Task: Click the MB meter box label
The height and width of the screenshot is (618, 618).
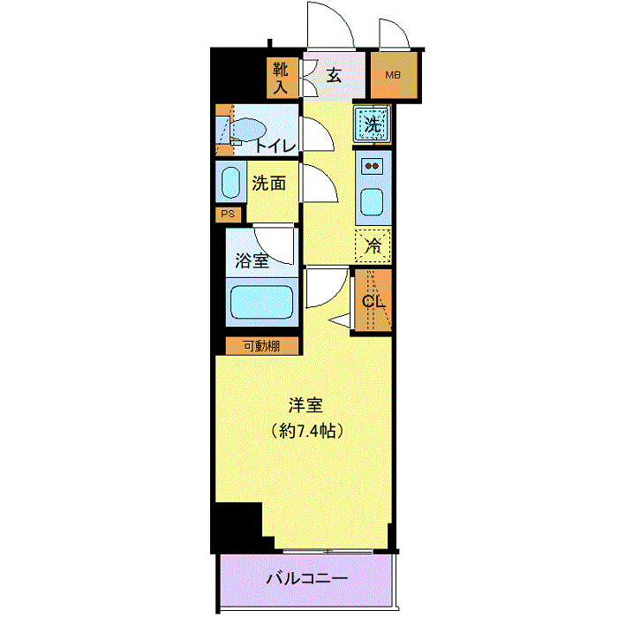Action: (393, 75)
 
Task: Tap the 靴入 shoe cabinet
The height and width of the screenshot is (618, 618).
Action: (282, 78)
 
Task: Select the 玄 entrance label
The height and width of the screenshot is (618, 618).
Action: (334, 75)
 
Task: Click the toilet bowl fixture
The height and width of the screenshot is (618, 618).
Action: (246, 129)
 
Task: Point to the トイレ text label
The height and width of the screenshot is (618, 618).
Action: (275, 147)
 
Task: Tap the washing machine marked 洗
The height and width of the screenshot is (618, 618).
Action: (372, 124)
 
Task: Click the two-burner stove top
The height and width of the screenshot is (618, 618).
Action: (373, 166)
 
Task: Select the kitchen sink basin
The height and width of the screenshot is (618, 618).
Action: (373, 202)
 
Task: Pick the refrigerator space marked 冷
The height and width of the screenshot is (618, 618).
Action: (373, 245)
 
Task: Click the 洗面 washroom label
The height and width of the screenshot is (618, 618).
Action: (269, 184)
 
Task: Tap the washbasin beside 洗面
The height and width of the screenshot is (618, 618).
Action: (230, 183)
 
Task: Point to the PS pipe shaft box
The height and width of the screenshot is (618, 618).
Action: (228, 214)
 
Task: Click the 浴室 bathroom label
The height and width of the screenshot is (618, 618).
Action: (252, 260)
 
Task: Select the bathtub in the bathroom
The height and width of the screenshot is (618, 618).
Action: (261, 302)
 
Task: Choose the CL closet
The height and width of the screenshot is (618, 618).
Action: (373, 300)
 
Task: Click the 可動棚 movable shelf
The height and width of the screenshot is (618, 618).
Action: (261, 346)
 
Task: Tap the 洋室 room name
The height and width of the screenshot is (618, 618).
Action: (305, 405)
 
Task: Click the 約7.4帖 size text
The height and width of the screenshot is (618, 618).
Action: (307, 431)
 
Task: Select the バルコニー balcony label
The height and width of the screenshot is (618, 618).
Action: (307, 578)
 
